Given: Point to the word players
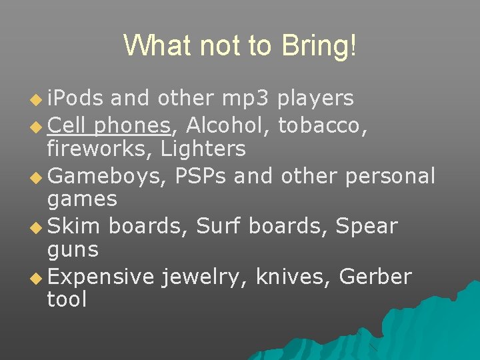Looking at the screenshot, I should pyautogui.click(x=315, y=99).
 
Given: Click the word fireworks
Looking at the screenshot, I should pyautogui.click(x=99, y=149).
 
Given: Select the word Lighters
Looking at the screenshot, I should pyautogui.click(x=203, y=149).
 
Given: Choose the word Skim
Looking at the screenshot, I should pyautogui.click(x=74, y=226).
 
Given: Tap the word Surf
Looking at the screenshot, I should pyautogui.click(x=219, y=226).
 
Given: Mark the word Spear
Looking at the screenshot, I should pyautogui.click(x=367, y=226).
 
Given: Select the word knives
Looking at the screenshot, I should pyautogui.click(x=290, y=276).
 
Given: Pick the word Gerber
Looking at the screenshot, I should pyautogui.click(x=375, y=276).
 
